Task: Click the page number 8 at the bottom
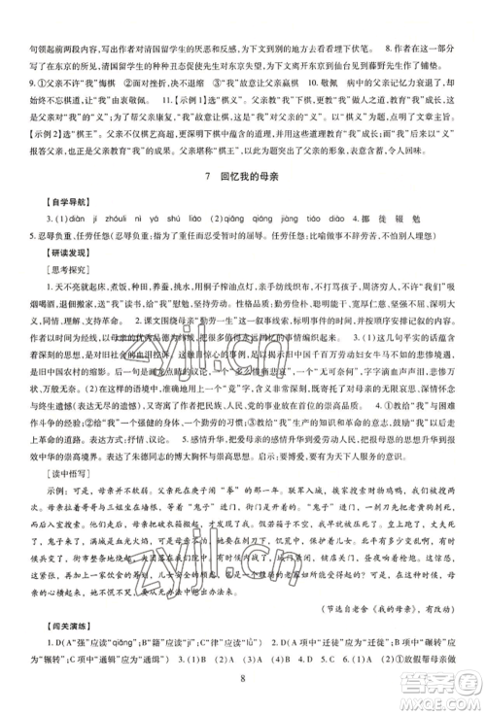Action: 242,695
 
